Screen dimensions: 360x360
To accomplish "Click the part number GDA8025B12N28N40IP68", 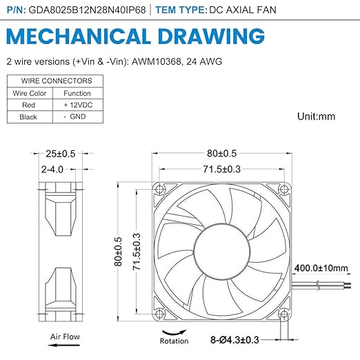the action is coord(87,10).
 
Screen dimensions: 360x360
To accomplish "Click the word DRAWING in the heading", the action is coord(211,37).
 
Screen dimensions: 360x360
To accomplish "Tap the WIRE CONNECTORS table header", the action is coord(57,81).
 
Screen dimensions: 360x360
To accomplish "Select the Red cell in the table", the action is coord(29,105).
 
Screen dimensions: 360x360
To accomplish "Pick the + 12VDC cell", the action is coord(78,105).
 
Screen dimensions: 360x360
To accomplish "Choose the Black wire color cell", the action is coord(28,117).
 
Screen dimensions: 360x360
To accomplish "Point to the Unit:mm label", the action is coord(316,117).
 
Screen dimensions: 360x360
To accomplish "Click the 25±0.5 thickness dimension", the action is coord(61,154).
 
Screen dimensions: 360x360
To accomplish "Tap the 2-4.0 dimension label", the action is coord(52,170).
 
